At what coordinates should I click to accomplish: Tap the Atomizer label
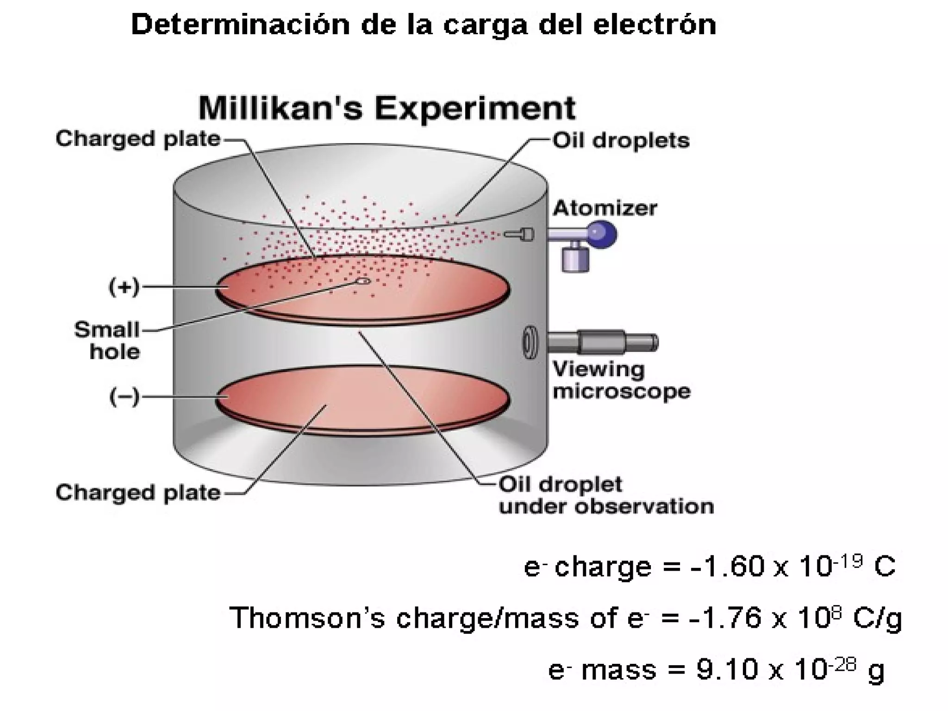[605, 208]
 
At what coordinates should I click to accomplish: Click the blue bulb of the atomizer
[601, 234]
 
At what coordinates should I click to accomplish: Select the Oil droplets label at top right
[621, 140]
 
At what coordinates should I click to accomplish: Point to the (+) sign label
[124, 287]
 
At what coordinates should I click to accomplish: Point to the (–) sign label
[124, 397]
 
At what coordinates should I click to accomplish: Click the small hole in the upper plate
[362, 281]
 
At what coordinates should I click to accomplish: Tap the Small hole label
[107, 341]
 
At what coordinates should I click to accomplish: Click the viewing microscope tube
[602, 343]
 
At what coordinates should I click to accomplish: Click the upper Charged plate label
[137, 139]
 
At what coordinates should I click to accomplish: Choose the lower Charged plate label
[137, 493]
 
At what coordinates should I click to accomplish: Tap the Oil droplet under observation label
[605, 495]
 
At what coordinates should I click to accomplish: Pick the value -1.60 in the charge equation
[726, 566]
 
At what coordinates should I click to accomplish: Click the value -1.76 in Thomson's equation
[725, 618]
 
